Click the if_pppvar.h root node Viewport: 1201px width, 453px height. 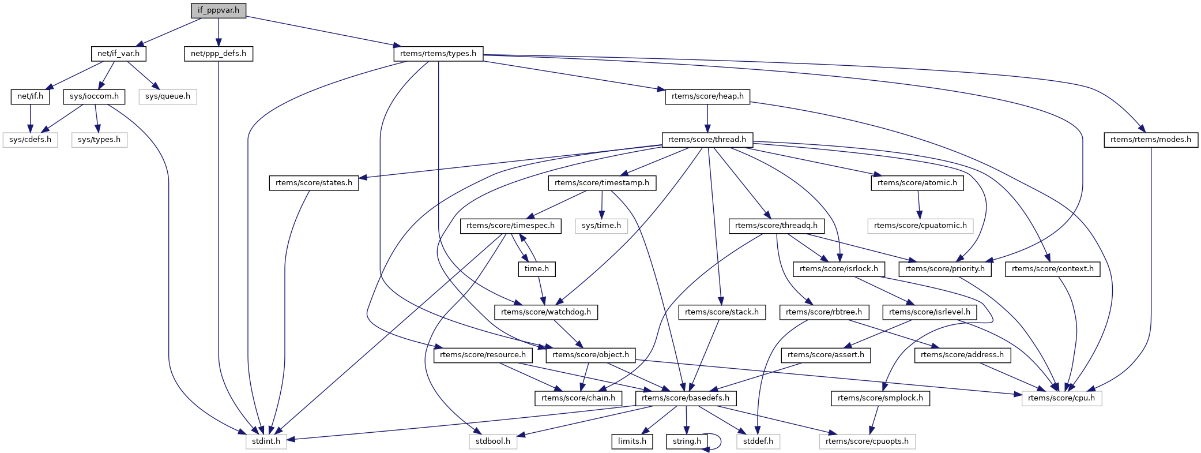[219, 10]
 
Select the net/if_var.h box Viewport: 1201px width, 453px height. [118, 54]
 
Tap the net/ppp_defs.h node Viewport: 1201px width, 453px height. [219, 54]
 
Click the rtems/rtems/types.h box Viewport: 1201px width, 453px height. [438, 54]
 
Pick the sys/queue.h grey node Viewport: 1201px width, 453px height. [167, 96]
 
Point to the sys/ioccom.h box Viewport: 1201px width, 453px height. [94, 96]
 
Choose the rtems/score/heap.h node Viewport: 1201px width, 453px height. [707, 96]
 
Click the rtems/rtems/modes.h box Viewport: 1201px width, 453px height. [1150, 140]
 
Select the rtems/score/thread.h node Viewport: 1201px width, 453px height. [707, 140]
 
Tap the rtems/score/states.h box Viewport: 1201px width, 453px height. [314, 183]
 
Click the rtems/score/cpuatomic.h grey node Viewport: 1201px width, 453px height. [920, 226]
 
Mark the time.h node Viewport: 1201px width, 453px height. [537, 269]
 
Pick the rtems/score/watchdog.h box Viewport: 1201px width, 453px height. [546, 312]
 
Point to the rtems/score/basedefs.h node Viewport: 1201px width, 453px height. [686, 398]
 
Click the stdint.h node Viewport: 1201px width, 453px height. [266, 441]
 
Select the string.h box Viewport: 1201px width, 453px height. [687, 441]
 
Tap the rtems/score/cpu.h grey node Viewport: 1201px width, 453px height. [1061, 398]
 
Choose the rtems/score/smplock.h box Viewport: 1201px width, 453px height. [880, 398]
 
